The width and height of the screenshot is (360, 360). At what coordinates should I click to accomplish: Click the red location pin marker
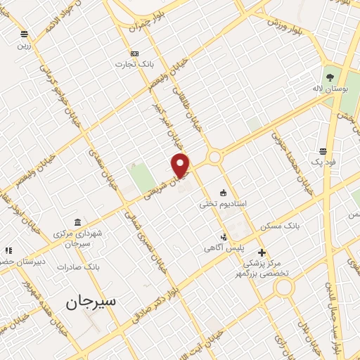(x=181, y=165)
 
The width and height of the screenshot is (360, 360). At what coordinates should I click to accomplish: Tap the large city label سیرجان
(x=91, y=302)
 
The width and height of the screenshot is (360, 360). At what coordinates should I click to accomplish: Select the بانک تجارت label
(x=135, y=64)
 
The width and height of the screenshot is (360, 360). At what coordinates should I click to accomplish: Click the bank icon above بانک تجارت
(x=134, y=53)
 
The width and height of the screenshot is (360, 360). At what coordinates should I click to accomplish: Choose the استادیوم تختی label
(x=223, y=203)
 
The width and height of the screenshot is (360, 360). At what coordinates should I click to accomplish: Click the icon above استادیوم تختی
(x=224, y=192)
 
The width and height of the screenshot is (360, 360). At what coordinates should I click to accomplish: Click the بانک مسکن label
(x=281, y=226)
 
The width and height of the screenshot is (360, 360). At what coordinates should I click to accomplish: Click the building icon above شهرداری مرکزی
(x=77, y=222)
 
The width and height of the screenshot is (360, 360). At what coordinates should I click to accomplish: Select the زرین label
(x=24, y=45)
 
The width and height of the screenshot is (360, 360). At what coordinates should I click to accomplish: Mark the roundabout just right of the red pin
(x=214, y=157)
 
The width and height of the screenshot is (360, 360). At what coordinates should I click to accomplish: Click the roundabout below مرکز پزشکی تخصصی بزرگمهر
(x=284, y=286)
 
